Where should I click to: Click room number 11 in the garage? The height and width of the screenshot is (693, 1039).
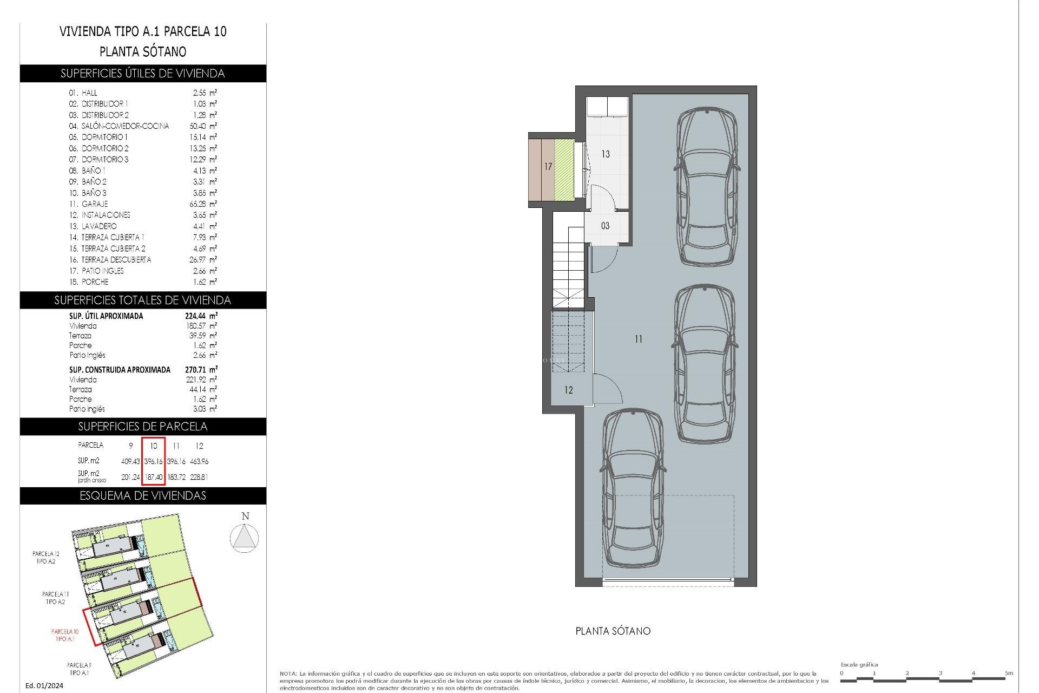[639, 339]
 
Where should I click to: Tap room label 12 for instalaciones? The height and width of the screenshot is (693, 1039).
[568, 390]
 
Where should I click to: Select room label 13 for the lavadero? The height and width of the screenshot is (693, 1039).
[606, 154]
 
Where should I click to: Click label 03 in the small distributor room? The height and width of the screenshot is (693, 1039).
[605, 226]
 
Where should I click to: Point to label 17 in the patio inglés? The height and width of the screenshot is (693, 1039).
[548, 167]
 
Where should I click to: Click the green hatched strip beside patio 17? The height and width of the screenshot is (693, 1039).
[563, 169]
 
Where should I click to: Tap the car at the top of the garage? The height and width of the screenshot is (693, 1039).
[707, 187]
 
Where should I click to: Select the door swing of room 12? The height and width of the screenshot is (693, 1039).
[606, 388]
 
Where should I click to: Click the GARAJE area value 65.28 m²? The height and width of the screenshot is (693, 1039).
[201, 204]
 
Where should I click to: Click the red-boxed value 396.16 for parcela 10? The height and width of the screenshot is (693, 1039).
[153, 461]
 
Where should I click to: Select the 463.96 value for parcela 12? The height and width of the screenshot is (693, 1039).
[199, 461]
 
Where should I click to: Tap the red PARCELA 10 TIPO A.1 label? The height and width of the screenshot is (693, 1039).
[65, 635]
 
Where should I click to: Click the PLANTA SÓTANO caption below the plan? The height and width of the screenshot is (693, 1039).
[613, 631]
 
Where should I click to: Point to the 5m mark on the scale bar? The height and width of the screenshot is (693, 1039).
[1008, 674]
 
